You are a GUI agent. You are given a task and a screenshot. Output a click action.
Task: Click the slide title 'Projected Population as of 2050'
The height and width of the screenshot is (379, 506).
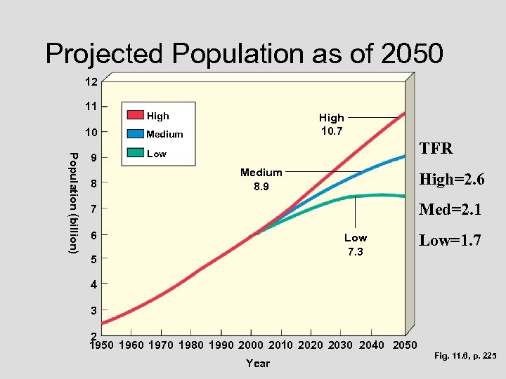[x=244, y=53]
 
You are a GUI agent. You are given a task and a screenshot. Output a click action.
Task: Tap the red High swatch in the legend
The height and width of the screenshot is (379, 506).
[x=134, y=116]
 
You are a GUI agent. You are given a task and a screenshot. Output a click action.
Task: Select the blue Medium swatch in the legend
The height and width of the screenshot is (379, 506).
[x=134, y=134]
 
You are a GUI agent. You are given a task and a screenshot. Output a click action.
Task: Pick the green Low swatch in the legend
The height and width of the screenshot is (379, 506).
[x=134, y=153]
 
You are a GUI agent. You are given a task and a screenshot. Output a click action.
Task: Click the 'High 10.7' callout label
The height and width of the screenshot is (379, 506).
[x=331, y=124]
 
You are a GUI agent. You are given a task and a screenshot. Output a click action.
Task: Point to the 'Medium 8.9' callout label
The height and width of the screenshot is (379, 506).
[x=261, y=179]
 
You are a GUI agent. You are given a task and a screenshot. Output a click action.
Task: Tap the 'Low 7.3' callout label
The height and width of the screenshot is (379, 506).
[x=355, y=244]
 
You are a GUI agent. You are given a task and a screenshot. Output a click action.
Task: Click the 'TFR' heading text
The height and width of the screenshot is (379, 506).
[x=436, y=149]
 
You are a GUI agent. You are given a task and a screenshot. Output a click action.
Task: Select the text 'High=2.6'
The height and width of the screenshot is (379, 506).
[x=452, y=180]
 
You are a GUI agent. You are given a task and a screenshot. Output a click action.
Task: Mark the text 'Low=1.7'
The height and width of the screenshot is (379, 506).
[x=450, y=241]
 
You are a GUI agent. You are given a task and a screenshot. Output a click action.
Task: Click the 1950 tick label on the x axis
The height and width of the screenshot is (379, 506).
[x=103, y=345]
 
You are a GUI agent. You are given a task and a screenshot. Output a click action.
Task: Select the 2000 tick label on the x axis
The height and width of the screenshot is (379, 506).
[x=251, y=345]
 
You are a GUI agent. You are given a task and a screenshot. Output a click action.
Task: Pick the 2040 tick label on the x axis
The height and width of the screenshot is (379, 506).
[x=371, y=345]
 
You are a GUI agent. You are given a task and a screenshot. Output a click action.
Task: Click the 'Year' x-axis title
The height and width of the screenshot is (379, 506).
[x=258, y=363]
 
